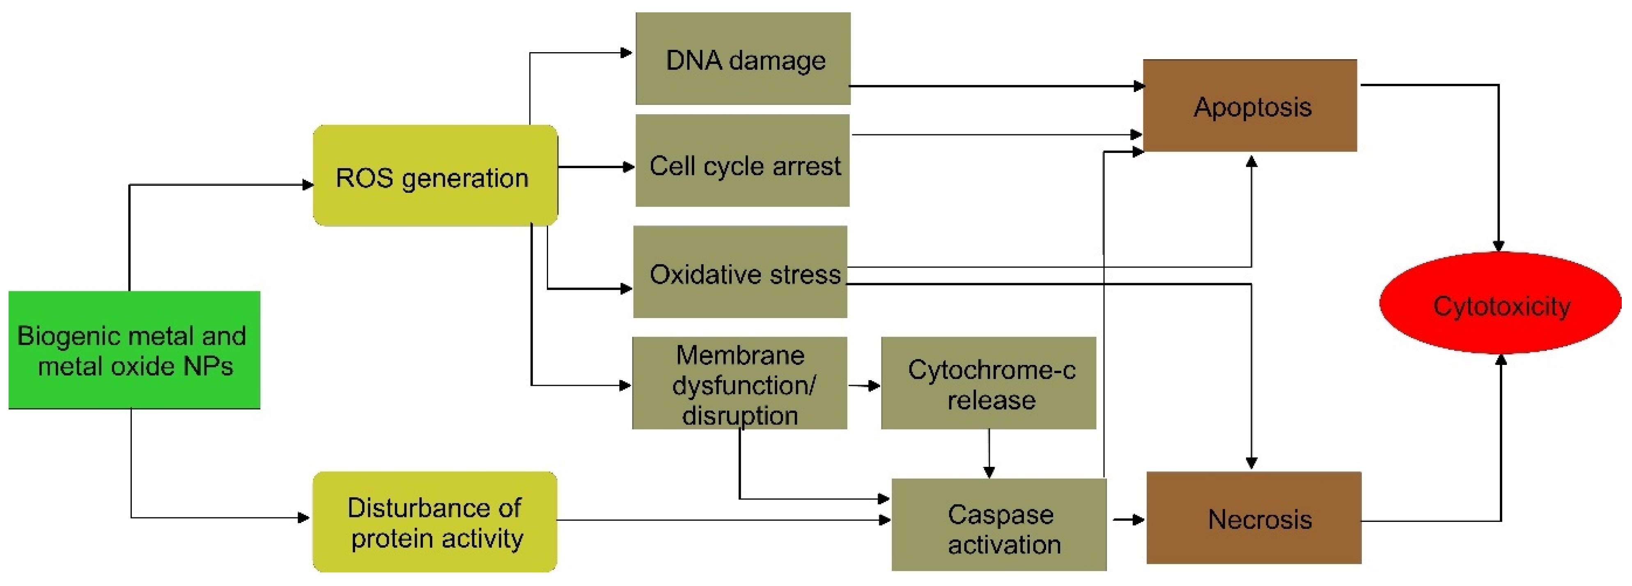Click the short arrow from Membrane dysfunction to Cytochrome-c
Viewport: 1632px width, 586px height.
point(864,385)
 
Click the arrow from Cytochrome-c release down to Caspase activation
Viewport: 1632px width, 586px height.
point(989,453)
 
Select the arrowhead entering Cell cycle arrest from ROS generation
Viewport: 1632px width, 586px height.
point(629,167)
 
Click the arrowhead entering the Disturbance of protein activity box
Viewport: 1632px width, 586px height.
point(304,517)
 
